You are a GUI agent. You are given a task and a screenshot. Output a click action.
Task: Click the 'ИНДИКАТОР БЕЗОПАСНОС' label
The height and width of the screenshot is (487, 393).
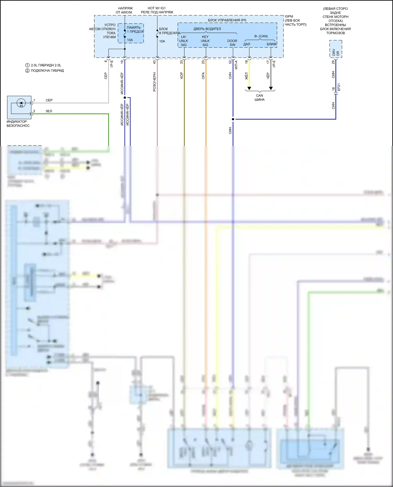click(18, 124)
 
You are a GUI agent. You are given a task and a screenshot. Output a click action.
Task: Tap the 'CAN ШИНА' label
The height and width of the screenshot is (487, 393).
click(259, 98)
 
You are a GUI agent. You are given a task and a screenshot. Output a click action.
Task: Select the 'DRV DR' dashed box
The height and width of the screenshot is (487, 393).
click(336, 49)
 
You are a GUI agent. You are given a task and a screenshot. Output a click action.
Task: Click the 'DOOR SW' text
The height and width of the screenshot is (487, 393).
click(232, 43)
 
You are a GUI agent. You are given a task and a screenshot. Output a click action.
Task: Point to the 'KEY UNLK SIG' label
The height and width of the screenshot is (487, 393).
click(205, 41)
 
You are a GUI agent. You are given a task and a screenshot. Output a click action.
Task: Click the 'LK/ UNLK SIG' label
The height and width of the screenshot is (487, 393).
click(184, 41)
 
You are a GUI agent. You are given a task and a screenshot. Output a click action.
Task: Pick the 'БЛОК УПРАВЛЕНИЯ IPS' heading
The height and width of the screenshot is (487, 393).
click(227, 20)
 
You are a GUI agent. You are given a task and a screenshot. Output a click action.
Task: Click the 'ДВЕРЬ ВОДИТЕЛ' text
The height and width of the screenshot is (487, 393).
click(207, 29)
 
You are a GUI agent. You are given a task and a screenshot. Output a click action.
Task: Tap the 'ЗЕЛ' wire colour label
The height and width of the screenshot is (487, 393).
click(49, 111)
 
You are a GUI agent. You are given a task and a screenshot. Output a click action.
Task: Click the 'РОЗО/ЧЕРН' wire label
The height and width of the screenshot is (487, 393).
click(155, 82)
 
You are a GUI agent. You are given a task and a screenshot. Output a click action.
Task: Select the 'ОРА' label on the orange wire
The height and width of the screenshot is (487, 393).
click(203, 76)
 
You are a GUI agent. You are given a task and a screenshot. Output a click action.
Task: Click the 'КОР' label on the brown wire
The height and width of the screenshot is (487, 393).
click(182, 76)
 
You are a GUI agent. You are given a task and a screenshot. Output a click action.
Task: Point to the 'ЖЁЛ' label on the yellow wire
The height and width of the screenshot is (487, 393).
click(246, 76)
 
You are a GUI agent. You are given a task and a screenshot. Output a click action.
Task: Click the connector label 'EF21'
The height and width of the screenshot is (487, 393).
click(339, 87)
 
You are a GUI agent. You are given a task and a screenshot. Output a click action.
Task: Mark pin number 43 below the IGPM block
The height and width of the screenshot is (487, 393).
click(155, 62)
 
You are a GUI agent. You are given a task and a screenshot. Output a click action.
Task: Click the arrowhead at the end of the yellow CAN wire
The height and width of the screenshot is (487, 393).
click(249, 88)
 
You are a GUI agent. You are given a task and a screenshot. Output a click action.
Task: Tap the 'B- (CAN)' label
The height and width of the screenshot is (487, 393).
click(261, 36)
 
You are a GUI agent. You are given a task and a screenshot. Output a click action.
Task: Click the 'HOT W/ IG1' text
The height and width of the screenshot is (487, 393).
click(156, 8)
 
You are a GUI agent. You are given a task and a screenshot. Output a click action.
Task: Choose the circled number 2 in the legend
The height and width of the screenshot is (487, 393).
click(27, 70)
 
